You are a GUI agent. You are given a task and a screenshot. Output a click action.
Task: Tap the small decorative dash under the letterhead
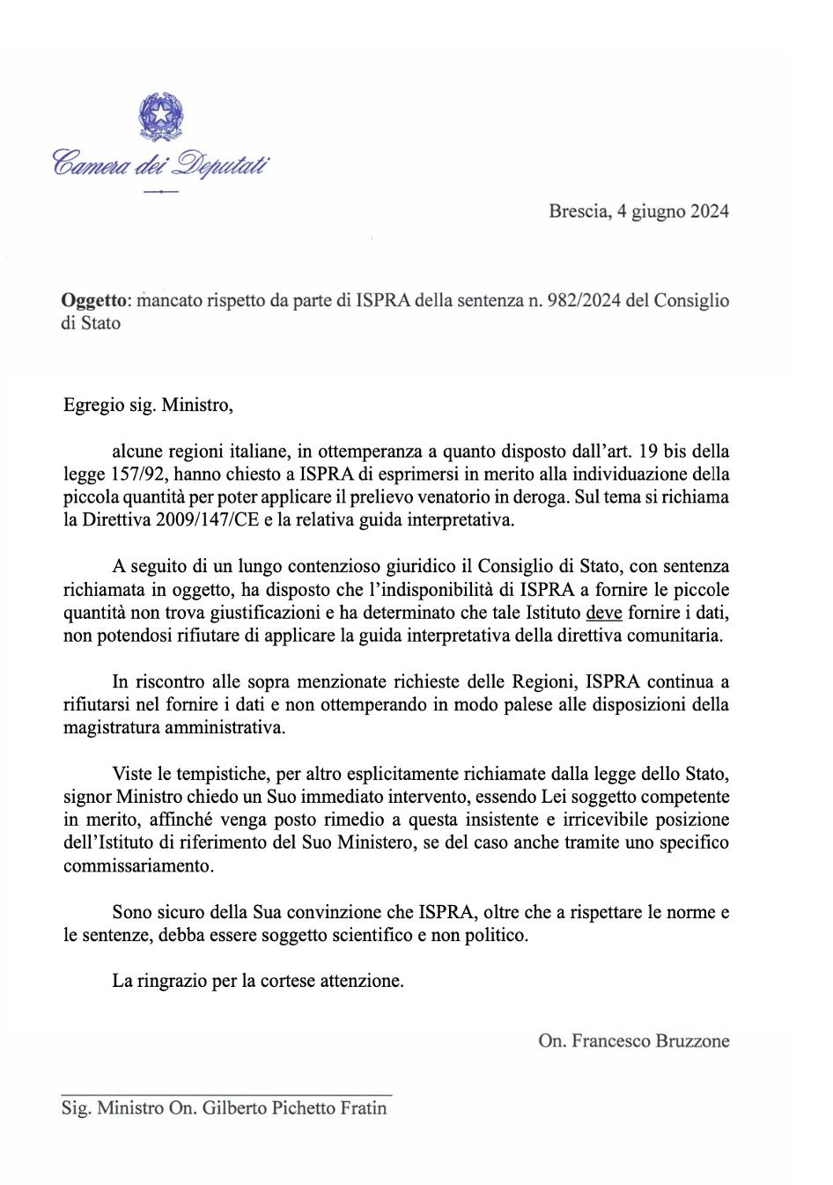pos(160,191)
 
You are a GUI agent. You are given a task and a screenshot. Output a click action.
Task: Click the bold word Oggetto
pos(95,300)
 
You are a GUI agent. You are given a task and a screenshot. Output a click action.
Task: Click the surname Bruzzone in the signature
pos(692,1041)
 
